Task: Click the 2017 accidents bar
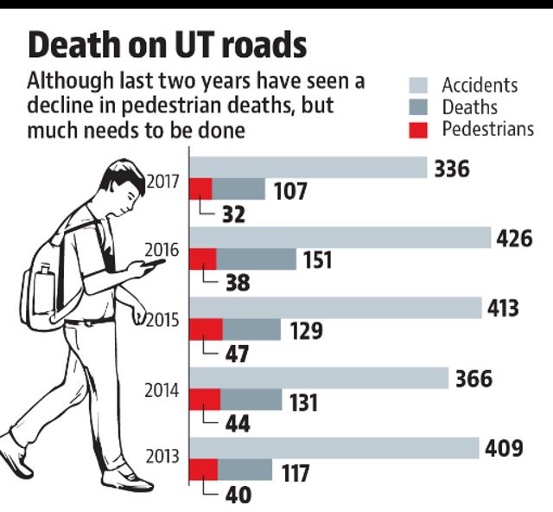(x=308, y=168)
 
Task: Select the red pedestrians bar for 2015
(x=207, y=330)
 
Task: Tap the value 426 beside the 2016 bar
(x=515, y=239)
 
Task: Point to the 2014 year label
(x=162, y=391)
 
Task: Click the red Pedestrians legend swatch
(x=418, y=130)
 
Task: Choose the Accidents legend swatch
(x=418, y=85)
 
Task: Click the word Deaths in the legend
(x=470, y=107)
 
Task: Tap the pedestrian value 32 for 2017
(x=233, y=214)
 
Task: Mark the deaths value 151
(x=318, y=259)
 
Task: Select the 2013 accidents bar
(x=334, y=448)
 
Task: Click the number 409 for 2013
(x=504, y=449)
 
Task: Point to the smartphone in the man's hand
(x=154, y=264)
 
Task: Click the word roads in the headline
(x=264, y=45)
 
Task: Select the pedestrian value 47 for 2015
(x=237, y=354)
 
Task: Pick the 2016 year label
(x=162, y=250)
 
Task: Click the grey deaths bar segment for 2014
(x=251, y=400)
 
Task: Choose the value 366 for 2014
(x=474, y=379)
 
